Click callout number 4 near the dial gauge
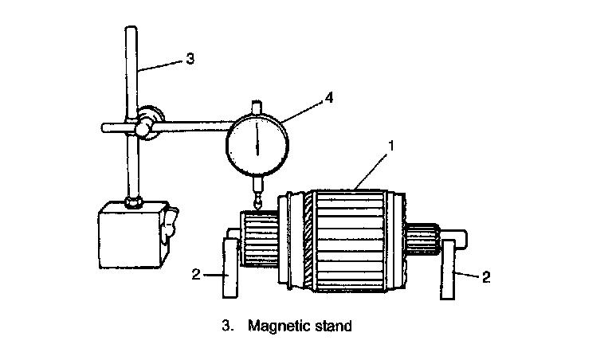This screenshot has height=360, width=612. coord(328,99)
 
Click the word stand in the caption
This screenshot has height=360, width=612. coord(333,326)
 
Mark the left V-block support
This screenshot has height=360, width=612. coord(230,266)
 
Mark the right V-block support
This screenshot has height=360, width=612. coord(449,267)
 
